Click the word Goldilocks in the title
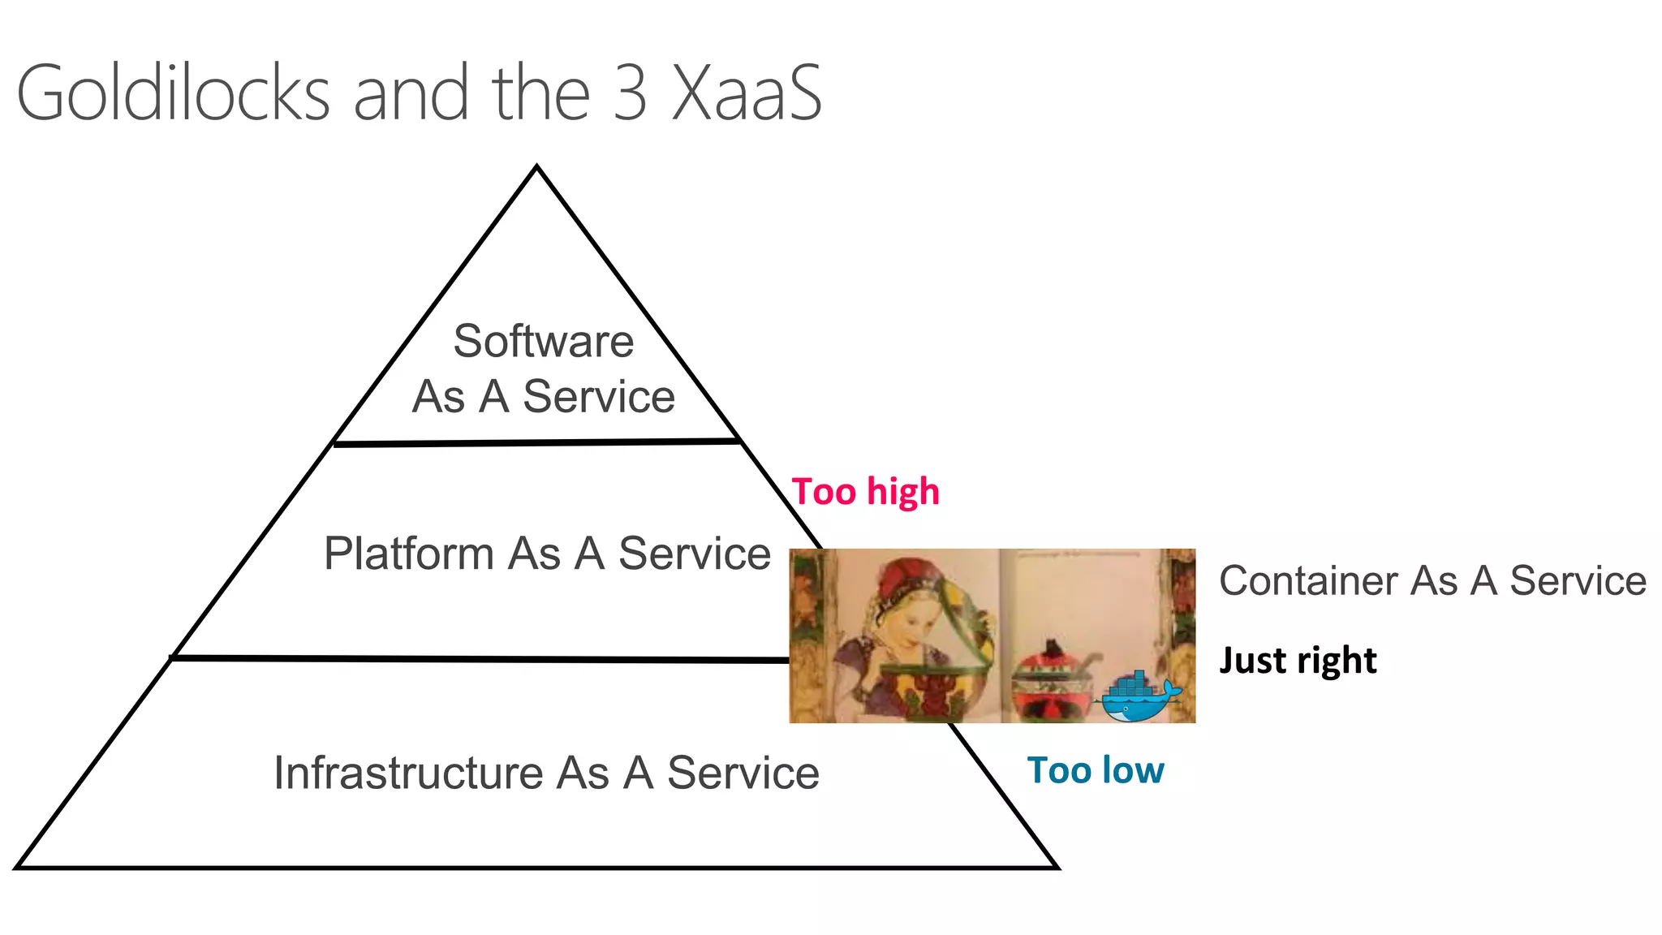pyautogui.click(x=172, y=93)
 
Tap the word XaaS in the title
pyautogui.click(x=747, y=93)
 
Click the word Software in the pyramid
pyautogui.click(x=543, y=341)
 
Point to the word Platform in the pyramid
pyautogui.click(x=408, y=554)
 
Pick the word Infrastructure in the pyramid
pyautogui.click(x=407, y=773)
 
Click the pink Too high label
pyautogui.click(x=865, y=492)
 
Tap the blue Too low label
pyautogui.click(x=1095, y=770)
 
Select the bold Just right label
pyautogui.click(x=1298, y=661)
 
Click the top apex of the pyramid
pyautogui.click(x=536, y=168)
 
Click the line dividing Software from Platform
pyautogui.click(x=536, y=443)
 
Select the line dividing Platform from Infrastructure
pyautogui.click(x=479, y=658)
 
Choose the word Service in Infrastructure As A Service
pyautogui.click(x=743, y=773)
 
